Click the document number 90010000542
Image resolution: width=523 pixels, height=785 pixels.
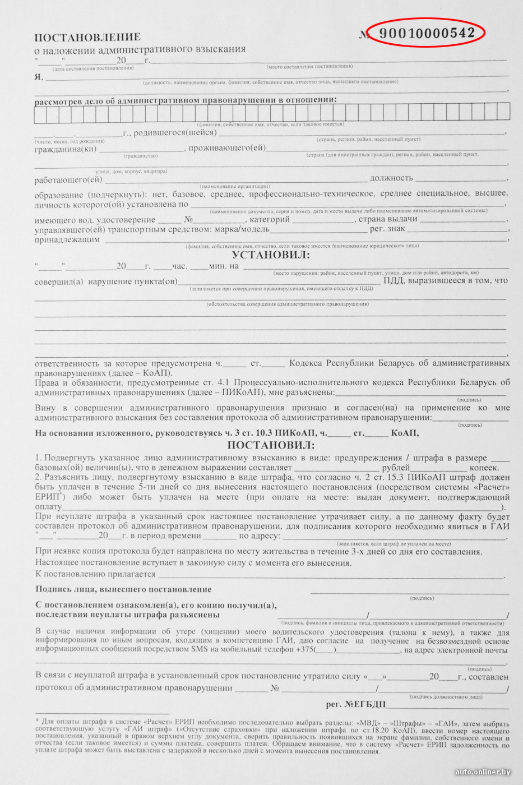click(x=427, y=33)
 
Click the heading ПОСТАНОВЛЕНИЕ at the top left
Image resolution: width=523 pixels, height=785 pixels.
click(x=87, y=38)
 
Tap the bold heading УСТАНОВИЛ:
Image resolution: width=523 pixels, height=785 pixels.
click(x=271, y=255)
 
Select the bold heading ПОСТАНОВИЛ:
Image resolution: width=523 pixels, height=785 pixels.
click(x=271, y=445)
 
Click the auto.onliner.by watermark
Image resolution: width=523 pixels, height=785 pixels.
click(x=483, y=772)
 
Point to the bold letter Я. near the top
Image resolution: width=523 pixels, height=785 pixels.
click(x=39, y=77)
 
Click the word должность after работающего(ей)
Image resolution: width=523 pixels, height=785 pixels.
click(x=391, y=178)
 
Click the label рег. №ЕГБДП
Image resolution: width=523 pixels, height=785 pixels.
click(x=356, y=704)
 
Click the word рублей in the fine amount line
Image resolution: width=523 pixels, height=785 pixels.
click(x=396, y=468)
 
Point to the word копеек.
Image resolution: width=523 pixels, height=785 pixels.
click(x=484, y=468)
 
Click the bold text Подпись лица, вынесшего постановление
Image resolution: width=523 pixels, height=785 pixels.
click(x=123, y=589)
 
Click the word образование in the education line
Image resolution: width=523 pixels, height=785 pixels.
click(x=59, y=195)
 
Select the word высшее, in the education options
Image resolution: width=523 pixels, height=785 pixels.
click(x=491, y=193)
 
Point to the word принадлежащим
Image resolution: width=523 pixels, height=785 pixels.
click(x=67, y=239)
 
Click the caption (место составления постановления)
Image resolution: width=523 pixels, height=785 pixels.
click(x=309, y=67)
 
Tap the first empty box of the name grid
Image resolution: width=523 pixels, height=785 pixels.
click(x=40, y=113)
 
